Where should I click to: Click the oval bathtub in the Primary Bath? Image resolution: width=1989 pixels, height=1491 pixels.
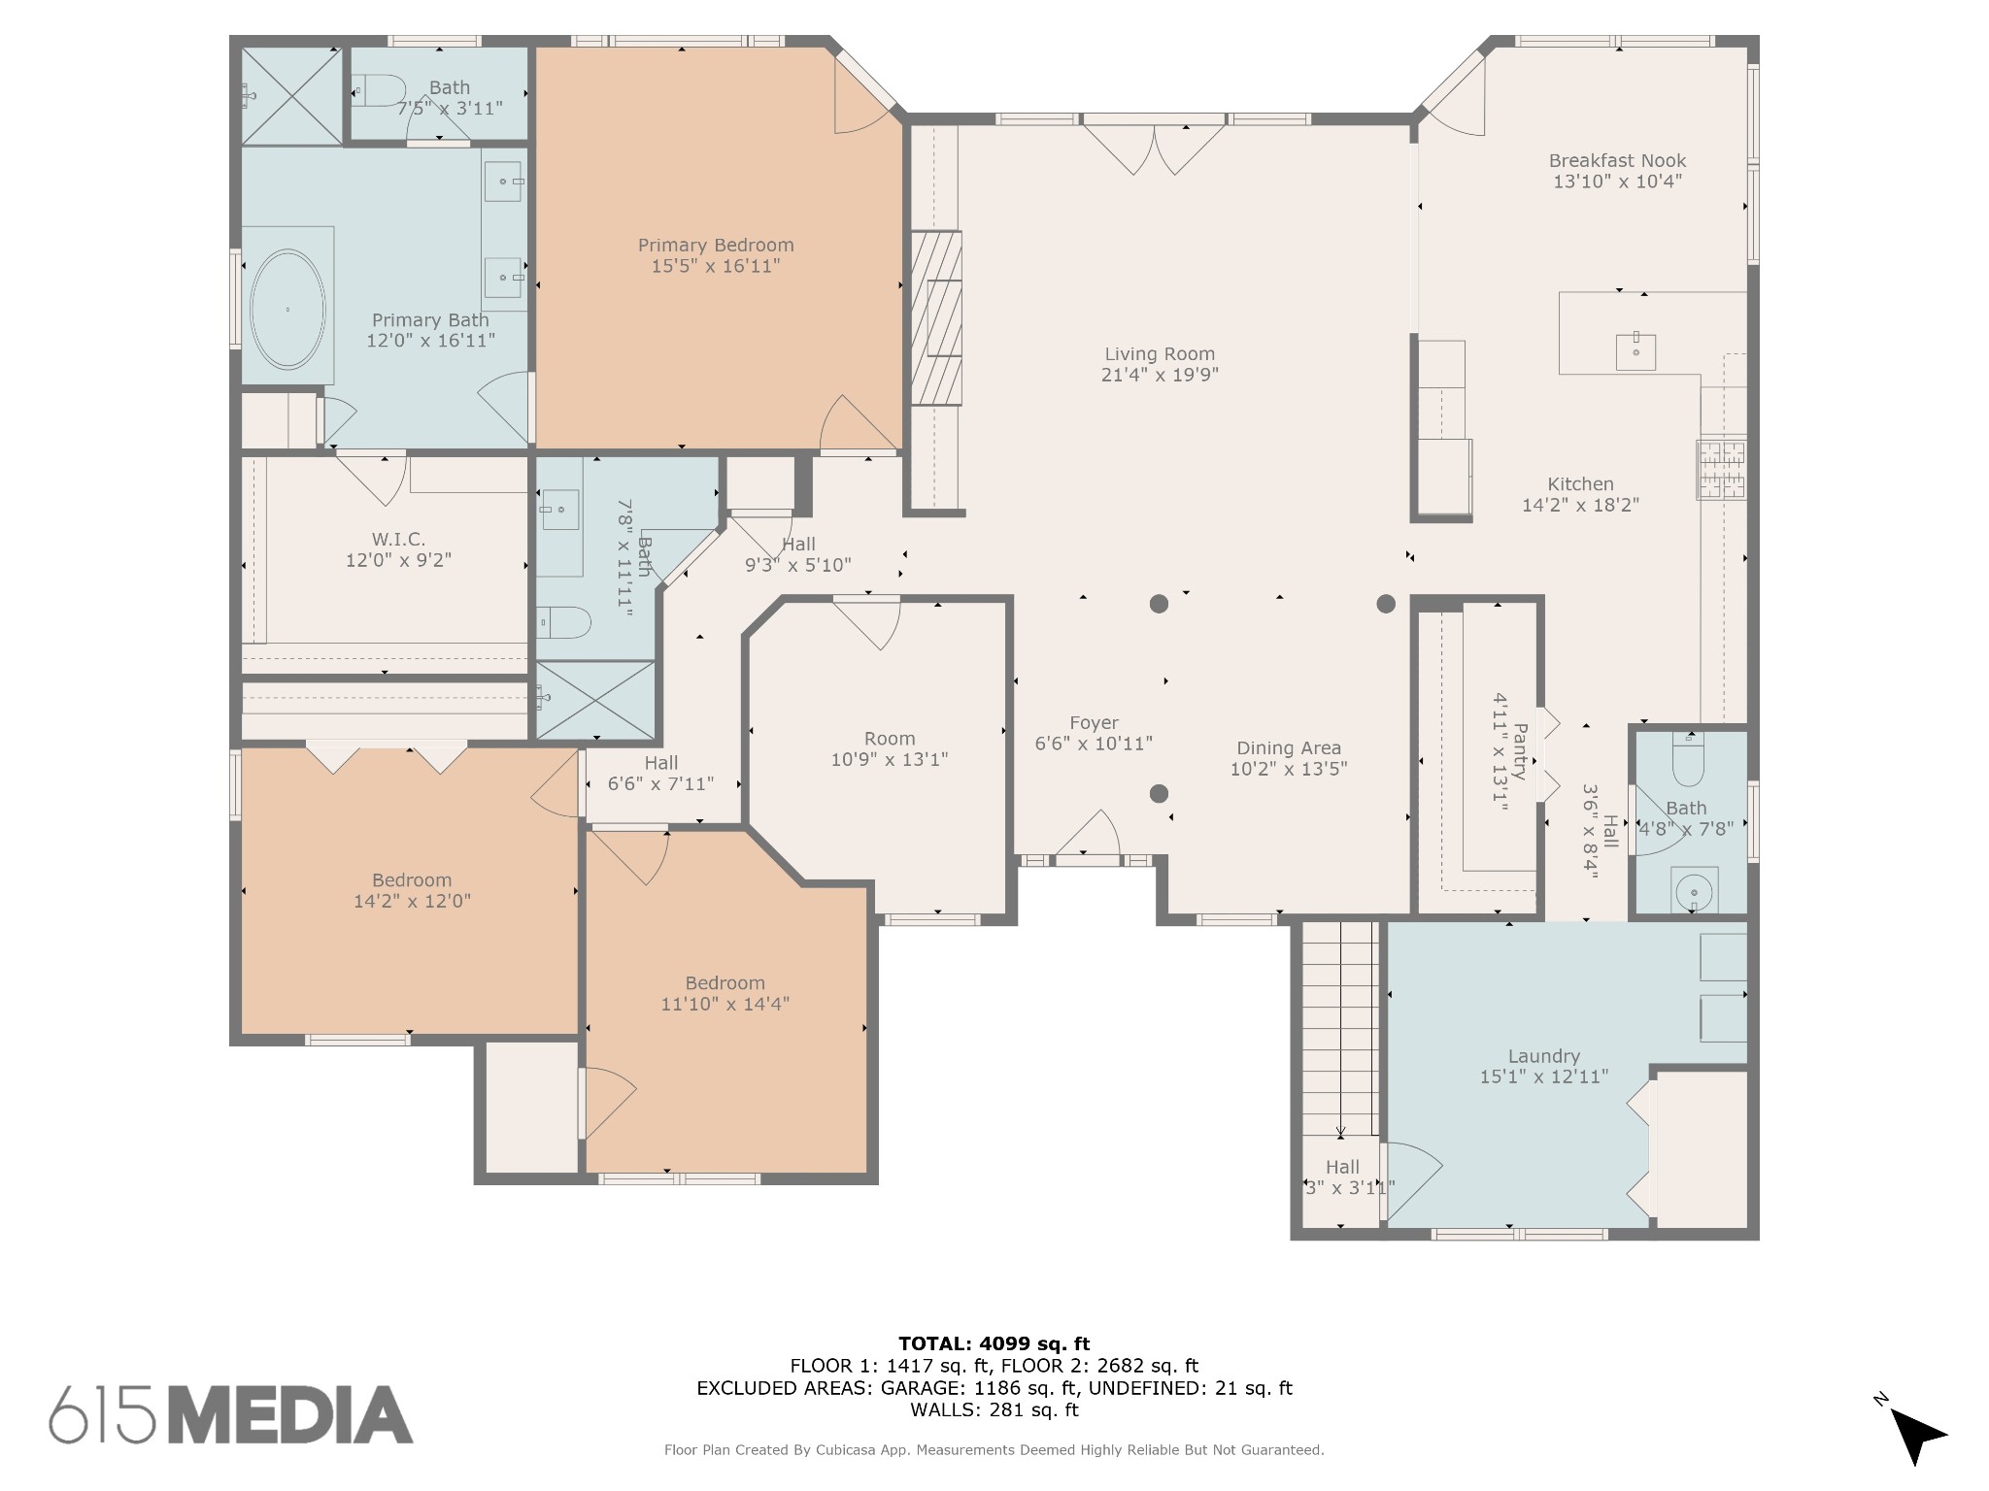point(287,310)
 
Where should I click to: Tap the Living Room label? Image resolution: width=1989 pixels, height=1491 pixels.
point(1160,354)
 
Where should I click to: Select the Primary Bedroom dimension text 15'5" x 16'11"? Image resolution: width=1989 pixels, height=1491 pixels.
point(716,266)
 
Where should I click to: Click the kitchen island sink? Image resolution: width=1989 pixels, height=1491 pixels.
point(1635,351)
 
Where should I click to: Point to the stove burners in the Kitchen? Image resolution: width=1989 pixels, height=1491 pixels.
point(1721,471)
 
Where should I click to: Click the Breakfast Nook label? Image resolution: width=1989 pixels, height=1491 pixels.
point(1617,161)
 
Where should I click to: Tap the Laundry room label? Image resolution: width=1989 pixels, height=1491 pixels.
point(1544,1056)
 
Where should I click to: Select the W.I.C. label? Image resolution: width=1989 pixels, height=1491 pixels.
point(398,540)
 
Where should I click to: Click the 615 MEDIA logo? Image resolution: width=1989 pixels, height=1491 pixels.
point(231,1414)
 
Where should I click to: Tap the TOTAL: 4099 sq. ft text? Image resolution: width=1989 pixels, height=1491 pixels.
point(994,1344)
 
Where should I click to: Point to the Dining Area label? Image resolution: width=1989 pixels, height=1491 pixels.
point(1289,748)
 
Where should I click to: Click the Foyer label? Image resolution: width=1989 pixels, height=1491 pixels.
point(1094,723)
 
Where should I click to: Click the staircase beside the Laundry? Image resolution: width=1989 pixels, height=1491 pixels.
point(1340,1029)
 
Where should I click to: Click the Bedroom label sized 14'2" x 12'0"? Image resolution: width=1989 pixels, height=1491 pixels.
point(412,880)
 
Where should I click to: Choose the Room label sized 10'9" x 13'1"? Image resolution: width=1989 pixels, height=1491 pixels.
point(890,739)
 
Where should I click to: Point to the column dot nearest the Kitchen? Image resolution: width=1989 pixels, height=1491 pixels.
point(1386,604)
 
